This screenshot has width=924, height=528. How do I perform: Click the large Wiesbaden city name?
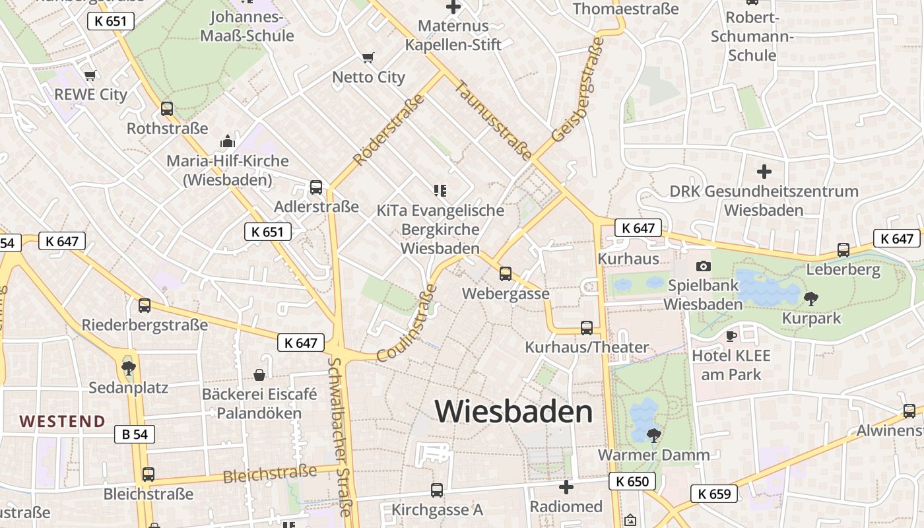(513, 412)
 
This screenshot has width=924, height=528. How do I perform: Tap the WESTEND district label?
(62, 421)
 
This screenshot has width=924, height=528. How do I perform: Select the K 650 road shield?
(632, 481)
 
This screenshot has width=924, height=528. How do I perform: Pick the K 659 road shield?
(714, 493)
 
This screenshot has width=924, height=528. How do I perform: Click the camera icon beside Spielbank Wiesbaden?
(704, 266)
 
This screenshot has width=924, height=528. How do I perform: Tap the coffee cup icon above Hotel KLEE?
(731, 336)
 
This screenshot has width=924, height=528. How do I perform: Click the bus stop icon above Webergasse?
(506, 273)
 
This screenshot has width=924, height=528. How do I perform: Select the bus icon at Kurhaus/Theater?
(586, 327)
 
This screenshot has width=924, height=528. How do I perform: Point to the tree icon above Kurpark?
(810, 299)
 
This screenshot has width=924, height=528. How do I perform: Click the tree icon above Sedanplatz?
(129, 368)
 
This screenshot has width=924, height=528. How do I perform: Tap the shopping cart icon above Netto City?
(368, 58)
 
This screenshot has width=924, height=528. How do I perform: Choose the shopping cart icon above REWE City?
(90, 75)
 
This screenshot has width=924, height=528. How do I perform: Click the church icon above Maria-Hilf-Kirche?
(227, 141)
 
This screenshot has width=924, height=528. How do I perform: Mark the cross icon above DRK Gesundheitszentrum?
(764, 172)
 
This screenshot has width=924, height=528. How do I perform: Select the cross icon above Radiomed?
(566, 487)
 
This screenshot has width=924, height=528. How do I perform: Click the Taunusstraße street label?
(493, 120)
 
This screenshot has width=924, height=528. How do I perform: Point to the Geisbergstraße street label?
(578, 90)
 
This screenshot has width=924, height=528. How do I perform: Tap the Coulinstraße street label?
(407, 323)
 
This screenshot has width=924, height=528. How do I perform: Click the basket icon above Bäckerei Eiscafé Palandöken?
(259, 375)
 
